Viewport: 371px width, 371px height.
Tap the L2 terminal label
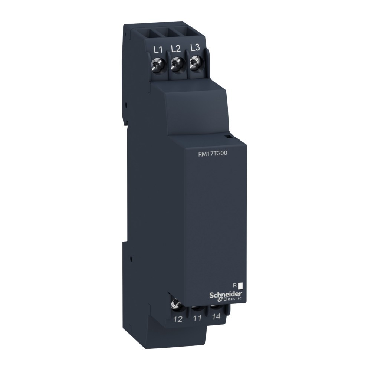(175, 48)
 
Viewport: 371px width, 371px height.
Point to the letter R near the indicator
(234, 285)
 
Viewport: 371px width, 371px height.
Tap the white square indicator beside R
(240, 286)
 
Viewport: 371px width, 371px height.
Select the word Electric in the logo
(232, 299)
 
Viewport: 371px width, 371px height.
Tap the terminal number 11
(197, 318)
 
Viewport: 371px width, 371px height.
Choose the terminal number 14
(217, 317)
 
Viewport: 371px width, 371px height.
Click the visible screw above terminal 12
(175, 305)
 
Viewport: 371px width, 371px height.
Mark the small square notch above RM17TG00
(229, 137)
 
